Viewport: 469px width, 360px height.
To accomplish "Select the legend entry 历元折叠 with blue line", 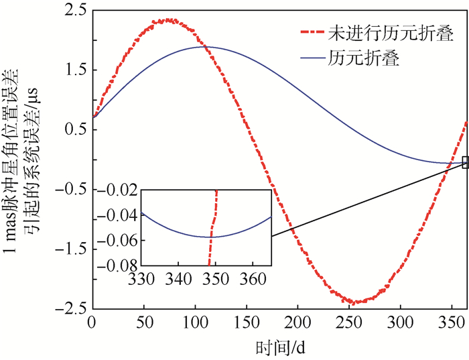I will click(364, 58).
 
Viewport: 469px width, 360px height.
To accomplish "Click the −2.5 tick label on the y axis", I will click(71, 309).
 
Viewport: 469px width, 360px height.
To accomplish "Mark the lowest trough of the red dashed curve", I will click(355, 302).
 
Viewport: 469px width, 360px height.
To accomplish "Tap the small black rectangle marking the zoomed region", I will click(465, 162).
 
